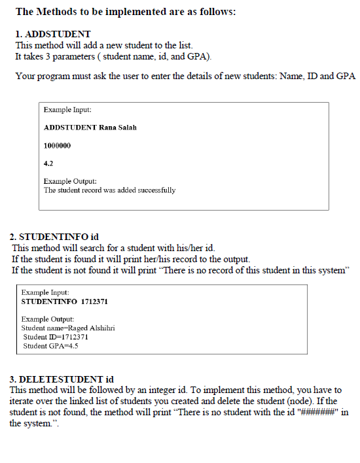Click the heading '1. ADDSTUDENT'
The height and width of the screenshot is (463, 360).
coord(52,33)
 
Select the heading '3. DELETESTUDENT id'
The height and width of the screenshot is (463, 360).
coord(62,379)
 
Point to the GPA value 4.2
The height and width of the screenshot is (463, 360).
coord(48,162)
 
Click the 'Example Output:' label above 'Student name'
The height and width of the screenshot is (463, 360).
coord(48,318)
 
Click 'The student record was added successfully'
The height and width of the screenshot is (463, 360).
coord(109,190)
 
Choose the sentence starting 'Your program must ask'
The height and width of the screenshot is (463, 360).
coord(185,77)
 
